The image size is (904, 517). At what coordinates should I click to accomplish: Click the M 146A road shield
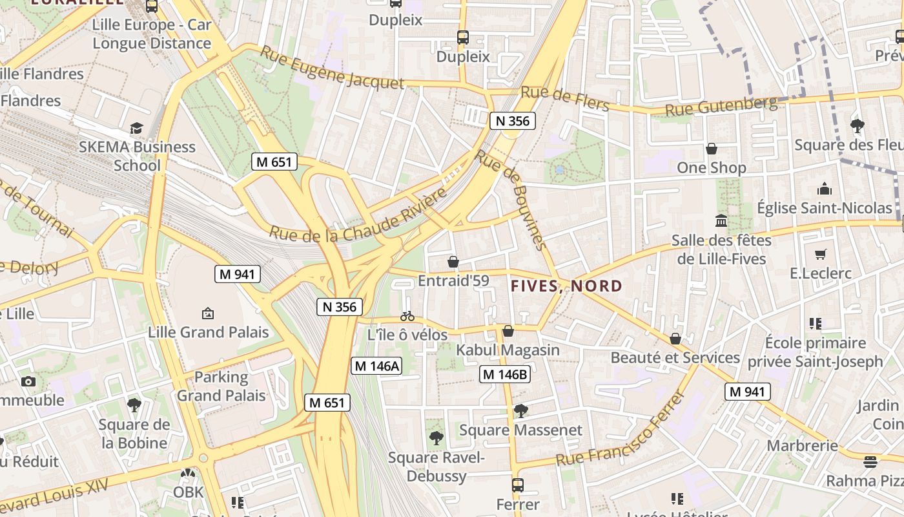377,366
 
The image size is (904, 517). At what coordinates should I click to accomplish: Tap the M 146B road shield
505,374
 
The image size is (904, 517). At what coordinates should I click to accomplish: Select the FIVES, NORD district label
567,286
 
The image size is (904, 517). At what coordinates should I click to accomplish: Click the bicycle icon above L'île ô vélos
407,316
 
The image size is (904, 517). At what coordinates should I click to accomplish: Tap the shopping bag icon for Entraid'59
453,262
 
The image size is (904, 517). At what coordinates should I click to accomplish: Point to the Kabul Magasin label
508,350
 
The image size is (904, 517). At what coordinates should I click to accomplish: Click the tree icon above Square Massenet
520,411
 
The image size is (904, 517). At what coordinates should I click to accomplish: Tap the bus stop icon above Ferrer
517,485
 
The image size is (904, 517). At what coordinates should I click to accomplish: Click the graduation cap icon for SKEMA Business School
136,128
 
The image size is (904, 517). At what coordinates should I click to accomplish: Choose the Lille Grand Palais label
209,333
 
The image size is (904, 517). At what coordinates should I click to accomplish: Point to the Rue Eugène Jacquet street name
332,68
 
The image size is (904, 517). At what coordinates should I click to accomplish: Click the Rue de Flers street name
565,98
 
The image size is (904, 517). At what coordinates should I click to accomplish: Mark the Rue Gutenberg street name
721,107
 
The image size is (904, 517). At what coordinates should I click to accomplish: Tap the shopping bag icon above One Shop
712,149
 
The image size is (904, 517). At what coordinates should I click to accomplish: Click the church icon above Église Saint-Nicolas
825,189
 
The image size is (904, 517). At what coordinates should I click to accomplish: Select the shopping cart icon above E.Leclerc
820,254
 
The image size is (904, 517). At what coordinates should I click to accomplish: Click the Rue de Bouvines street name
511,199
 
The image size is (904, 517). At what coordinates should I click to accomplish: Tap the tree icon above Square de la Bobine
134,405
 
